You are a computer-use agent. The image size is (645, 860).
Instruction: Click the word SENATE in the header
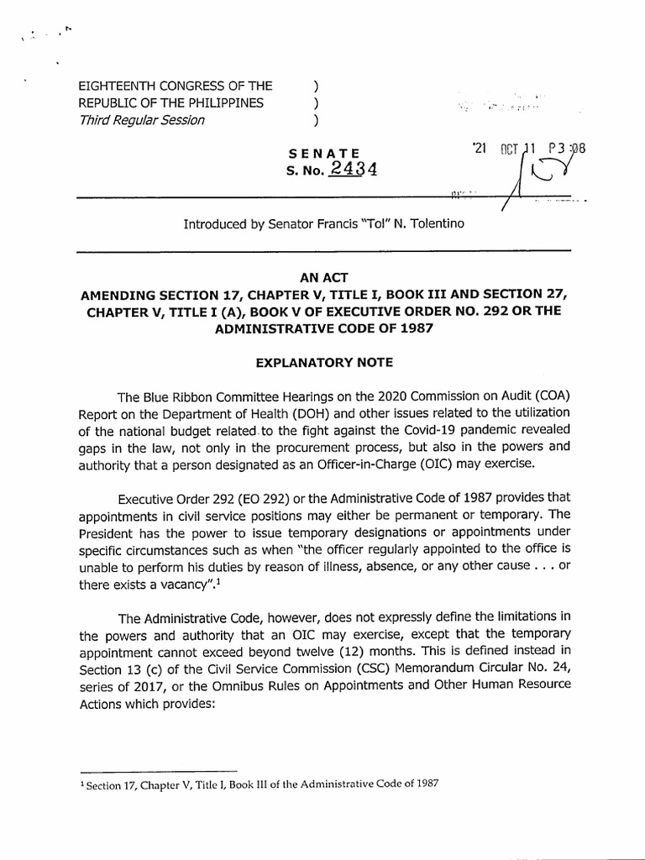click(323, 154)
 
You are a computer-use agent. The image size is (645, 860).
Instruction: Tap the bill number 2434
click(353, 168)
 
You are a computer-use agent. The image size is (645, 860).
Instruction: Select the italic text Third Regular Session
click(141, 120)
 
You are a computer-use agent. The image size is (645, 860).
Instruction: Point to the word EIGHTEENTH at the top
click(118, 86)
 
